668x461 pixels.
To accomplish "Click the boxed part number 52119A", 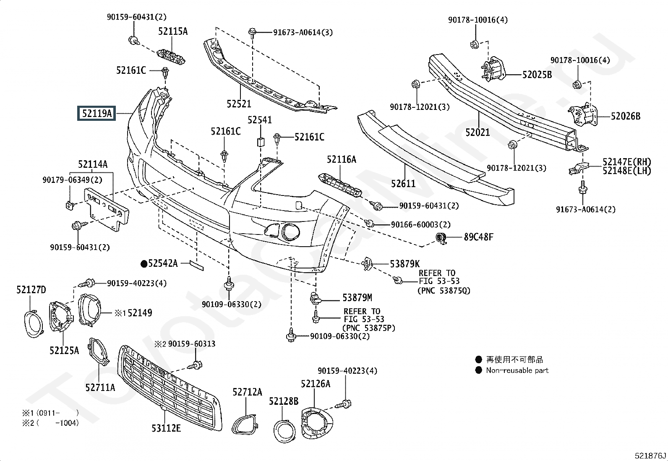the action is click(x=97, y=113).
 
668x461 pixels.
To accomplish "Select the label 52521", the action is click(x=239, y=104).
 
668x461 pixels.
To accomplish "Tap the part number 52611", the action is click(x=403, y=183).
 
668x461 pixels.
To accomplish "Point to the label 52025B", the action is click(x=537, y=75).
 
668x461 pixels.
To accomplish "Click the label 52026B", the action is click(x=626, y=116).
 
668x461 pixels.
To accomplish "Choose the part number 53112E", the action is click(x=166, y=428).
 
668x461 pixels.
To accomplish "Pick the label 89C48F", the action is click(x=479, y=237).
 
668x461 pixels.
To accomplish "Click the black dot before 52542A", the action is click(x=144, y=263).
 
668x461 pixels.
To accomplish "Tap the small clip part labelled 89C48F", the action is click(x=441, y=238).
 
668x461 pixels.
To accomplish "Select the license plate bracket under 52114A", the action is click(x=106, y=209).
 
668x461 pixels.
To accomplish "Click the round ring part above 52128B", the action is click(x=284, y=430).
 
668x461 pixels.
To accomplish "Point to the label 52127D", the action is click(x=31, y=289).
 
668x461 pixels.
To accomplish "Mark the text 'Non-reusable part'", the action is click(x=517, y=370).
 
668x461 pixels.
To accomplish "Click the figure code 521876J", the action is click(x=650, y=456).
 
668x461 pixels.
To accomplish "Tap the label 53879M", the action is click(x=357, y=297).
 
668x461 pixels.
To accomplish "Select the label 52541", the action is click(x=260, y=120).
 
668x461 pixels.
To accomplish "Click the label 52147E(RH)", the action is click(x=627, y=162).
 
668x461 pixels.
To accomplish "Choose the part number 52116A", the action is click(x=342, y=159).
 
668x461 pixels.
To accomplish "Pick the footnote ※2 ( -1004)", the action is click(x=50, y=423).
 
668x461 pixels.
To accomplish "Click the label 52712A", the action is click(x=247, y=392).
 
